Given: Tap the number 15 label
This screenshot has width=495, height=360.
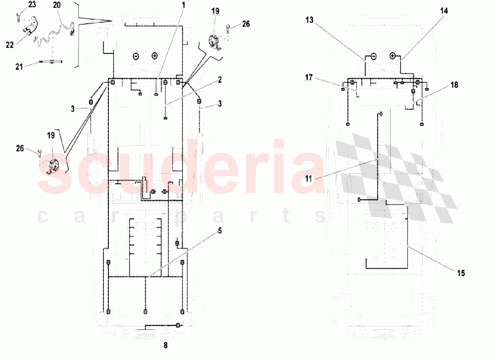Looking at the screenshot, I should [461, 273].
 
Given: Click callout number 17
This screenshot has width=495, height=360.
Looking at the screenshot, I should [309, 77].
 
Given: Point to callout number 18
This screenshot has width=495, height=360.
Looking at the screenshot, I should [454, 85].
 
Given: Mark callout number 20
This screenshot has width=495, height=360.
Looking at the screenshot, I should [57, 4].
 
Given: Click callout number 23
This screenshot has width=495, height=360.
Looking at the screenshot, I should [32, 4].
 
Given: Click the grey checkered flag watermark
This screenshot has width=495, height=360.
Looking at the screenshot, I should [396, 178].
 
